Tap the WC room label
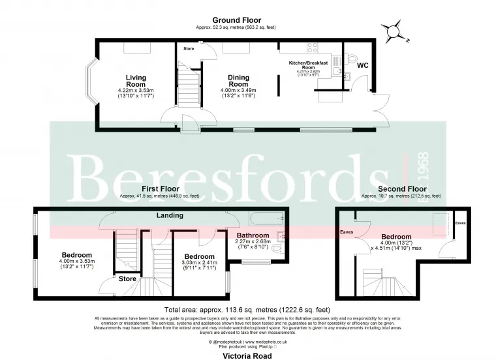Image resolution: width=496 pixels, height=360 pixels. [x=362, y=65]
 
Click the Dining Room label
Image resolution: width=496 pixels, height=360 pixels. [x=238, y=80]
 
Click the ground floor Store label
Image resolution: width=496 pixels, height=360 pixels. [x=189, y=48]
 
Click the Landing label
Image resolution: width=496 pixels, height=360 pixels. [x=169, y=215]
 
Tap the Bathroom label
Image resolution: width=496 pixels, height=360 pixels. [x=253, y=235]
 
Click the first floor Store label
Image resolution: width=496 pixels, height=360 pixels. [x=127, y=278]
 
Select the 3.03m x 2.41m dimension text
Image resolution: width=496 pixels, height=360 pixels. [x=199, y=264]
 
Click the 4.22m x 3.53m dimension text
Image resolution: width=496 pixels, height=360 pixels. [x=135, y=90]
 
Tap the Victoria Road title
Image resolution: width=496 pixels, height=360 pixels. [x=248, y=356]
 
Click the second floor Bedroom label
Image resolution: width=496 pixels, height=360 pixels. [x=396, y=237]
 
